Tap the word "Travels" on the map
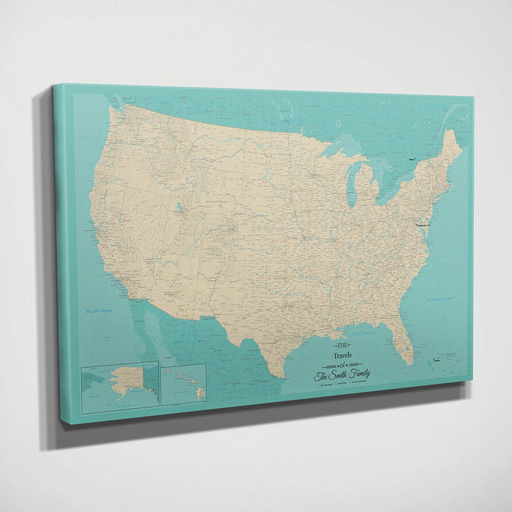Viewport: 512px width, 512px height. (x=342, y=355)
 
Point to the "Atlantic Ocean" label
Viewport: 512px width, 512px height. (x=440, y=299)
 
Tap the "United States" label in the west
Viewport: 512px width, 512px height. (x=216, y=198)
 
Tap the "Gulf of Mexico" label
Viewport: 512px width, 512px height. (x=364, y=333)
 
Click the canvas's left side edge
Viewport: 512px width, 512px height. (x=62, y=256)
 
